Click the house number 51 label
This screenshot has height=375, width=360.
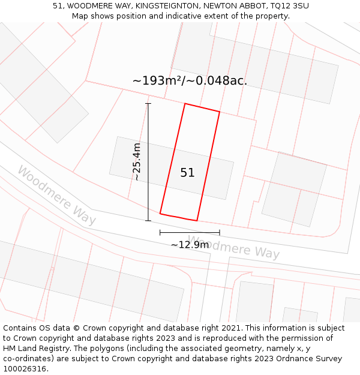coord(187,173)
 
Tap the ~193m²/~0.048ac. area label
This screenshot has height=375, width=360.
coord(190,80)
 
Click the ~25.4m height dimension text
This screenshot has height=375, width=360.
coord(137,162)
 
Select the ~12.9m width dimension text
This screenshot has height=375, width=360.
coord(190,244)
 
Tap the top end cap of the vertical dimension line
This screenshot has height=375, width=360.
coord(148,104)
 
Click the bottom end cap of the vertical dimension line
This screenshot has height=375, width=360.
coord(148,221)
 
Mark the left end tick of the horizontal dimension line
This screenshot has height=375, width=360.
coord(160,232)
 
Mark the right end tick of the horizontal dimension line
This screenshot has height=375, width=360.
coord(220,232)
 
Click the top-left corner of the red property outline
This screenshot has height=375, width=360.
coord(185,104)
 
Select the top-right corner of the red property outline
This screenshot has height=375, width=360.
coord(220,112)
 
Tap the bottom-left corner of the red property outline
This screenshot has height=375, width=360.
coord(160,214)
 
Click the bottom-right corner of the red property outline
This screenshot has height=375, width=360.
coord(197,221)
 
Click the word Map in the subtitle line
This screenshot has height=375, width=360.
coord(80,16)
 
